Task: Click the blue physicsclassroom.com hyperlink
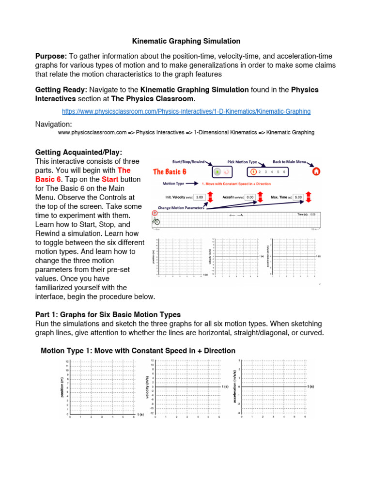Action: tap(186, 111)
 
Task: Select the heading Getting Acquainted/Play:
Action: tap(78, 152)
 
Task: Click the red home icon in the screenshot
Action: tap(316, 171)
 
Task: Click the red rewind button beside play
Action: tap(226, 171)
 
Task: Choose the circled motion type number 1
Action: tap(252, 171)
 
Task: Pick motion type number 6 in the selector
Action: tap(284, 171)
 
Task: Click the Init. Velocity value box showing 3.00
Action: tap(200, 197)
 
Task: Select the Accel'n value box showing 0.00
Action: tap(250, 197)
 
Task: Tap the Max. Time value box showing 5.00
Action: tap(299, 197)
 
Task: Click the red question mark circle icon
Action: tap(155, 213)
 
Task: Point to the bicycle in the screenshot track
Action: tap(156, 221)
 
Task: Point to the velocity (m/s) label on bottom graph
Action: tap(147, 387)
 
